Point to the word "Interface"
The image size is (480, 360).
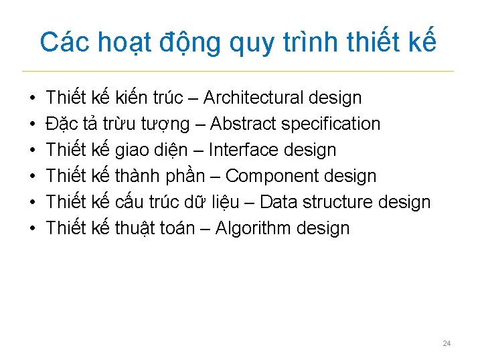click(240, 150)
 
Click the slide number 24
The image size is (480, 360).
click(447, 344)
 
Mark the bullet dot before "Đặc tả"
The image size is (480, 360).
click(33, 124)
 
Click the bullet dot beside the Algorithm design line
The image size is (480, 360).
click(33, 229)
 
